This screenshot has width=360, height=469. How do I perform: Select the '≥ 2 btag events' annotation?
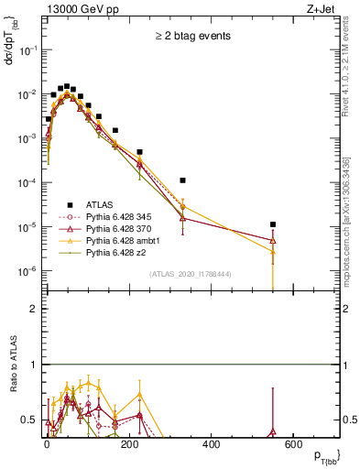pyautogui.click(x=191, y=36)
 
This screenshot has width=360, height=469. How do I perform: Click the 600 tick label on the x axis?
pyautogui.click(x=293, y=444)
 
